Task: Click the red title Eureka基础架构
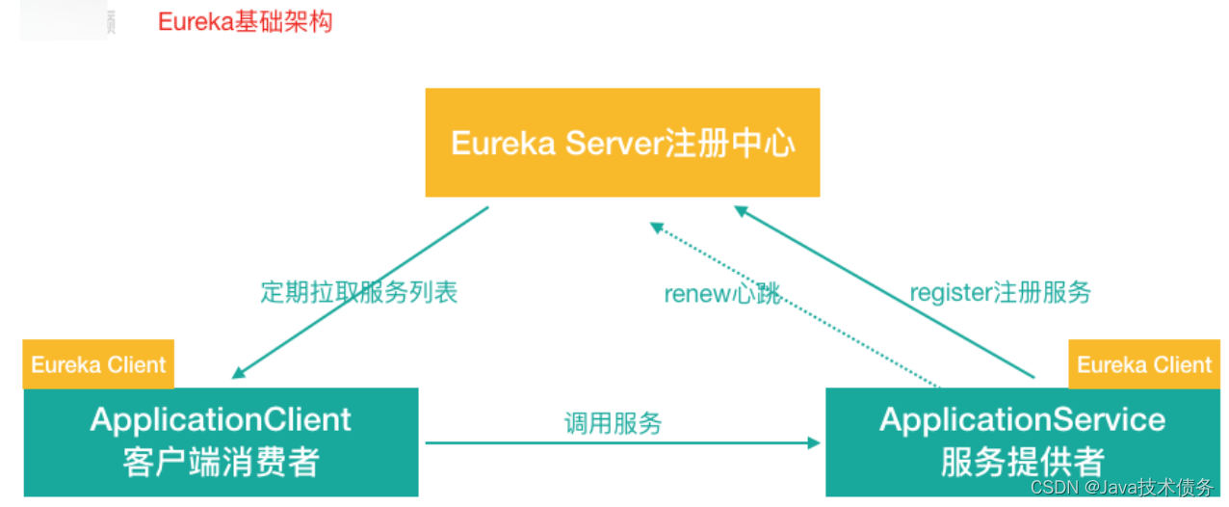point(245,21)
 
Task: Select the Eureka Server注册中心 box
point(622,143)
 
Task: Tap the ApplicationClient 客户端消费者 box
point(221,441)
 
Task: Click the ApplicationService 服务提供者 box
point(1022,441)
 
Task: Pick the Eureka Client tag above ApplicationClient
point(98,364)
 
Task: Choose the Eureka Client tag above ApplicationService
point(1143,364)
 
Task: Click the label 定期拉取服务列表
point(358,292)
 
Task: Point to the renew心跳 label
point(722,293)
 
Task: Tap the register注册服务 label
point(1000,292)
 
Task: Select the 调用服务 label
point(613,422)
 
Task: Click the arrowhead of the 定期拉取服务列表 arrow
point(239,373)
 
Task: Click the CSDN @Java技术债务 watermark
point(1122,488)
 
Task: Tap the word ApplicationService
point(1022,420)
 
